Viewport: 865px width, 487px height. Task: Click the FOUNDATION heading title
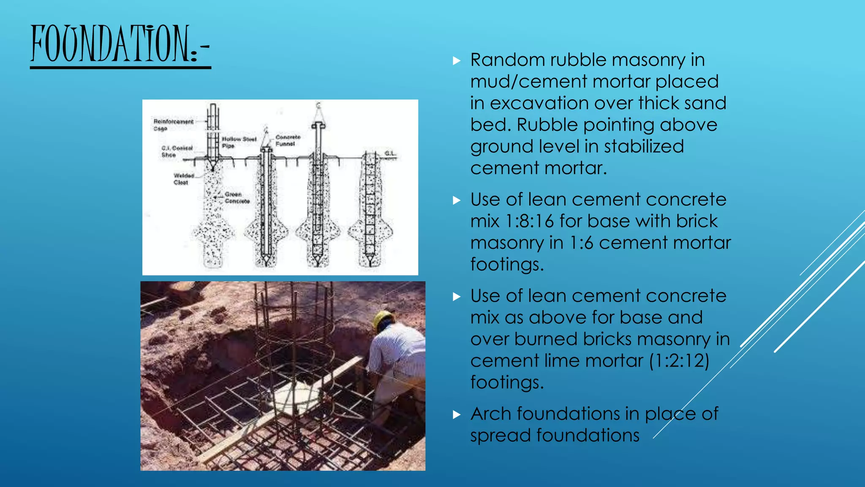point(120,44)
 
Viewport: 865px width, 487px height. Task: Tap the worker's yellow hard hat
point(383,320)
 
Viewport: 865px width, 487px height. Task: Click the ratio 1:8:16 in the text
point(530,221)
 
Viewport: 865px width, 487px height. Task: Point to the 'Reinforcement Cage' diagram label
point(173,125)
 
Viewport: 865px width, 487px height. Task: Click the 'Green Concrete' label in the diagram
point(237,197)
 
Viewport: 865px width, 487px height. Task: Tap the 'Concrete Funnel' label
point(288,140)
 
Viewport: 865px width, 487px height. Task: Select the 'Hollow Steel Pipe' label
point(239,142)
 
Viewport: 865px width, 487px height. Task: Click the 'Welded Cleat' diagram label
point(184,179)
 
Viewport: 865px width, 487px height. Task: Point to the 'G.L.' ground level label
point(390,153)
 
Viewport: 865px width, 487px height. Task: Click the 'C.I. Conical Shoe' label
point(177,151)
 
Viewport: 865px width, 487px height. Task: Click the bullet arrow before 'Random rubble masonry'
point(457,61)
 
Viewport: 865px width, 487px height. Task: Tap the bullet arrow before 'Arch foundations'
point(457,415)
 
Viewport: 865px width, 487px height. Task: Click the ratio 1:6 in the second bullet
point(581,243)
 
